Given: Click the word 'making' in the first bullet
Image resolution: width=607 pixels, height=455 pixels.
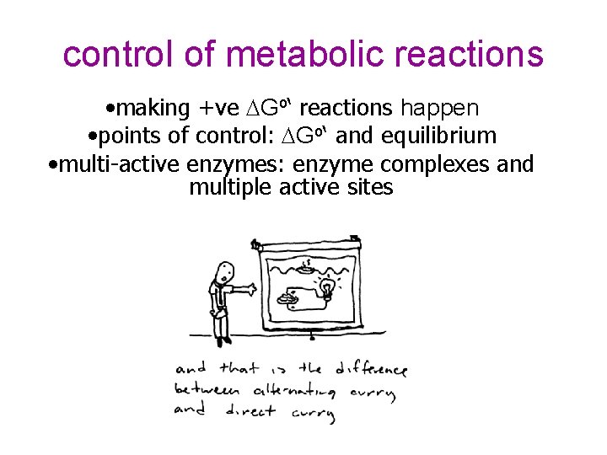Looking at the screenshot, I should tap(153, 109).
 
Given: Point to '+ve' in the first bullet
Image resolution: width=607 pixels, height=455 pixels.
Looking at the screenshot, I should tap(218, 109).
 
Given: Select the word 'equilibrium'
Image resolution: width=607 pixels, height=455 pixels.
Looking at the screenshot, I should tap(440, 136).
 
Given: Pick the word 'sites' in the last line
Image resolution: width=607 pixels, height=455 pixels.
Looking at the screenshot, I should tap(371, 187).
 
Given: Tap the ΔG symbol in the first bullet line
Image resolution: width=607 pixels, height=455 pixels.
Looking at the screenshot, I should tap(261, 109).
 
